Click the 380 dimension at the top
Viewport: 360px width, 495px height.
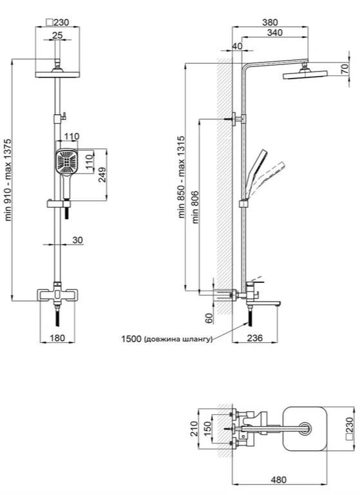pyautogui.click(x=270, y=23)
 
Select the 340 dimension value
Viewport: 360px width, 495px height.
pyautogui.click(x=275, y=32)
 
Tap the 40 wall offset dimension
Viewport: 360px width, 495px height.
pyautogui.click(x=237, y=46)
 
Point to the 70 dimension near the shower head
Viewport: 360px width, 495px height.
pyautogui.click(x=345, y=68)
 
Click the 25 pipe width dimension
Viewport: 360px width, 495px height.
pyautogui.click(x=57, y=35)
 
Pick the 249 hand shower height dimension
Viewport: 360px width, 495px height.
pyautogui.click(x=102, y=175)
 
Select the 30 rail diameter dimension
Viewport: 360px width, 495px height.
pyautogui.click(x=78, y=240)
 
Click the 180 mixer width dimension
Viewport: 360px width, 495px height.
pyautogui.click(x=57, y=338)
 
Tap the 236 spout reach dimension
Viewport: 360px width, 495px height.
pyautogui.click(x=254, y=338)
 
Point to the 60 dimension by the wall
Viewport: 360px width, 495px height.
pyautogui.click(x=209, y=318)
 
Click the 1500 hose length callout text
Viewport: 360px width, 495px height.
pyautogui.click(x=167, y=340)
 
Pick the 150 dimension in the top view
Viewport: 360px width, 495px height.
pyautogui.click(x=207, y=429)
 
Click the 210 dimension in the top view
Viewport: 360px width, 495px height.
pyautogui.click(x=194, y=429)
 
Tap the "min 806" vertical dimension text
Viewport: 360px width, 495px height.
pyautogui.click(x=196, y=207)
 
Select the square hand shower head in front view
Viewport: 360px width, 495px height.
pyautogui.click(x=66, y=161)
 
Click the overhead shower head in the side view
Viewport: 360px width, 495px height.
pyautogui.click(x=305, y=75)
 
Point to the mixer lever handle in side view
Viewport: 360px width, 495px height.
pyautogui.click(x=256, y=281)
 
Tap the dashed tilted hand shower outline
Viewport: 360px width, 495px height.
pyautogui.click(x=267, y=179)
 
